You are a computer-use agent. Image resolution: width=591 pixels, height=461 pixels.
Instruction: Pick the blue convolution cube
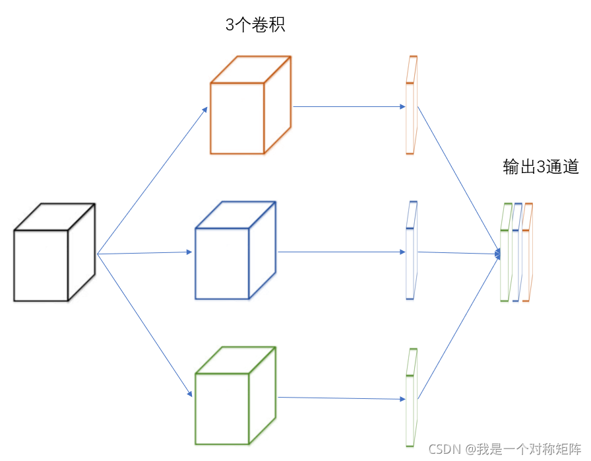234,252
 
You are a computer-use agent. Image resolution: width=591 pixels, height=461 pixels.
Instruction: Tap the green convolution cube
234,397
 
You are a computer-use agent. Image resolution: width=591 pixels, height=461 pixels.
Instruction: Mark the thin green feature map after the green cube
412,398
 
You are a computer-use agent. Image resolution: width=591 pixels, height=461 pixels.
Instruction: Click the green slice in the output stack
505,255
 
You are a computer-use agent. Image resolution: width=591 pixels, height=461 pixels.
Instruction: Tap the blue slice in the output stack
516,254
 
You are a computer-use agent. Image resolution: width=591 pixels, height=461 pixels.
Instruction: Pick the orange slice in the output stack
527,254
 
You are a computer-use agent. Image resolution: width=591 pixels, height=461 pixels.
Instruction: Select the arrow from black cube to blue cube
145,253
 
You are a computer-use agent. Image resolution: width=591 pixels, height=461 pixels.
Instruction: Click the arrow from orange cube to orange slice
348,106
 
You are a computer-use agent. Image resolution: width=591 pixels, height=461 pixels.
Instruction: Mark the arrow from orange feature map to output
458,178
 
